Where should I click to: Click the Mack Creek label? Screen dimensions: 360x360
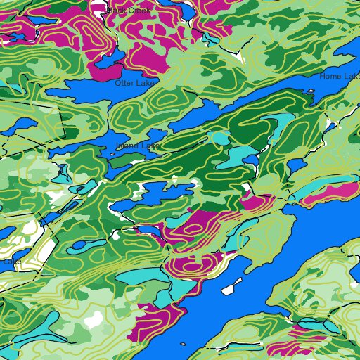coord(128,11)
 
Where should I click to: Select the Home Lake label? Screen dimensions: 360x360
coord(340,76)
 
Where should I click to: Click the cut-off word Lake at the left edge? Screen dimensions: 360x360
coord(11,262)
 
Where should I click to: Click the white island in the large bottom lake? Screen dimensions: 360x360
coord(229,289)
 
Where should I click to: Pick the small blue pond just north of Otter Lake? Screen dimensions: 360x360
coord(108,63)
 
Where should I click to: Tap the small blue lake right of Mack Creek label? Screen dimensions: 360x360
coord(186,13)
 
